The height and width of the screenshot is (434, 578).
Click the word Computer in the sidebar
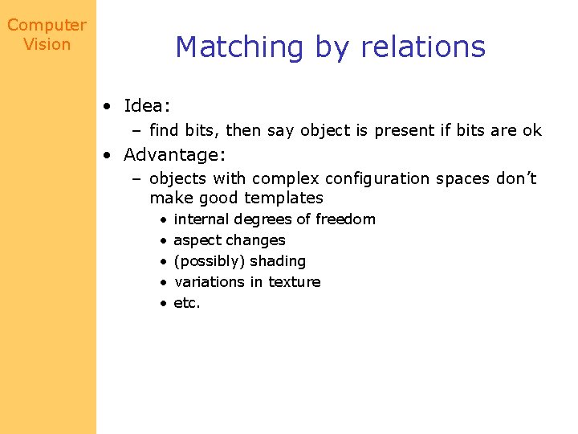[47, 26]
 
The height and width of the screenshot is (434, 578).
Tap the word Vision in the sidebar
[47, 45]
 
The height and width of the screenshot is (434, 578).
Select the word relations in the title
[423, 47]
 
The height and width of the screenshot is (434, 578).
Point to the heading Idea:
[147, 106]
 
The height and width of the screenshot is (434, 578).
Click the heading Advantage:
[172, 154]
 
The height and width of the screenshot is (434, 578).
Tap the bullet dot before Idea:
[107, 107]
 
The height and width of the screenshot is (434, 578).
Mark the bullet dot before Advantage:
[107, 155]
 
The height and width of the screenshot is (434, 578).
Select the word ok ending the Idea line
[532, 130]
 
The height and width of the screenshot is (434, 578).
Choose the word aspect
[197, 241]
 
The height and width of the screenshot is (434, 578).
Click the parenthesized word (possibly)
[210, 262]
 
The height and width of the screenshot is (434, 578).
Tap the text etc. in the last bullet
[187, 303]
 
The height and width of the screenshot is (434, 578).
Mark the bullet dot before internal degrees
[163, 220]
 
